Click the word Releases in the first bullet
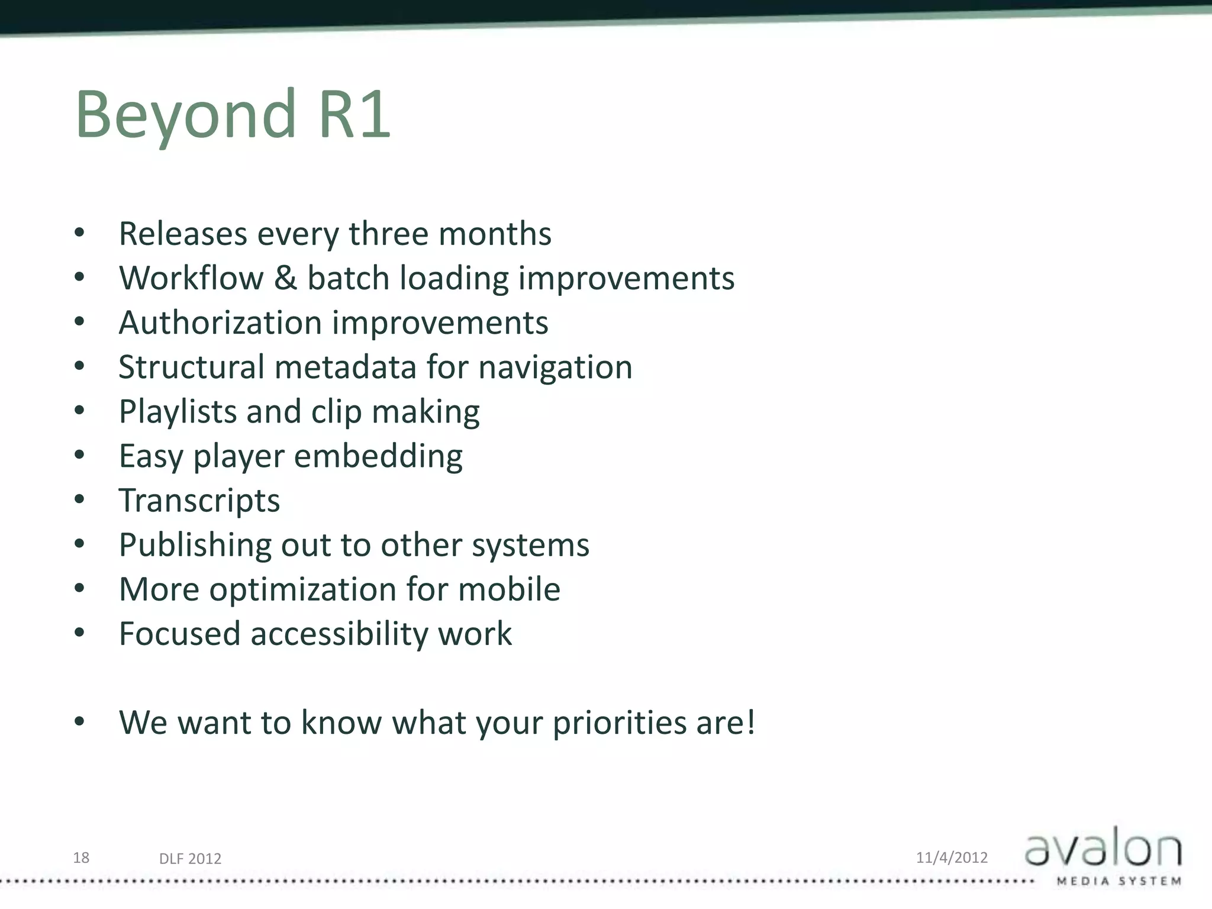click(183, 233)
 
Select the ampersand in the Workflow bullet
click(285, 278)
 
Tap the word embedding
click(378, 456)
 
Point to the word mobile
click(509, 589)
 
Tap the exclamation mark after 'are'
click(750, 722)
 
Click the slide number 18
click(81, 858)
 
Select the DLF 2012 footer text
click(190, 859)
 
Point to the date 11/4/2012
click(952, 858)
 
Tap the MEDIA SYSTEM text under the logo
click(1118, 882)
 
